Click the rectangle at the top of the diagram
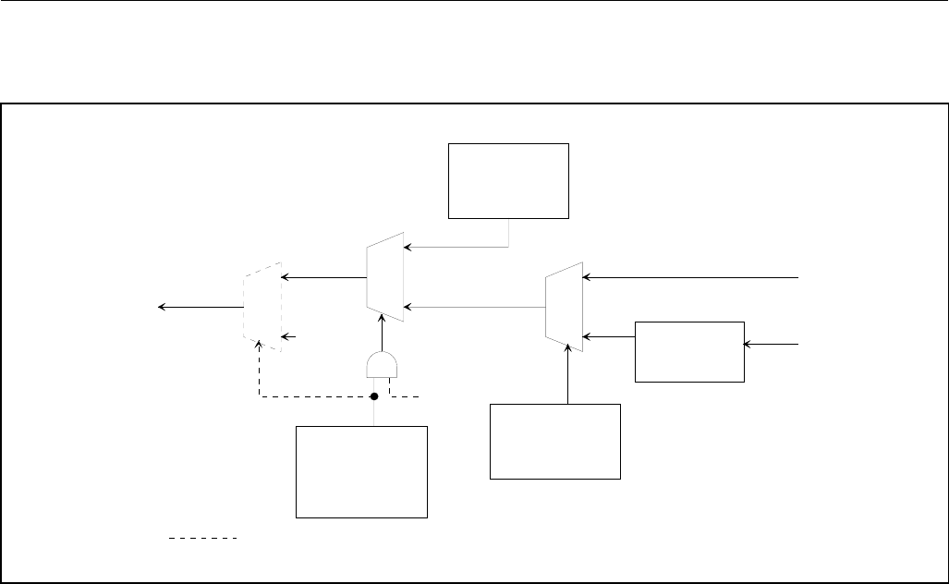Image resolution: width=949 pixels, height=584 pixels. coord(508,180)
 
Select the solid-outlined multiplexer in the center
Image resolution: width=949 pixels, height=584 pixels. coord(385,277)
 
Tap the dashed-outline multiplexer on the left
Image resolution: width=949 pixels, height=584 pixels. coord(262,308)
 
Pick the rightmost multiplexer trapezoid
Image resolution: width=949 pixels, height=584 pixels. coord(565,306)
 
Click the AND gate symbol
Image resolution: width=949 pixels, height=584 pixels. coord(381,366)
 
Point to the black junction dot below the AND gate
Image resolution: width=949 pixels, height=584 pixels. coord(374,396)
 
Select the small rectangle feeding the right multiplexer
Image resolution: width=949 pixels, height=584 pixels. coord(689,351)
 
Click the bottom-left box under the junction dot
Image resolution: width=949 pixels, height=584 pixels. coord(361,471)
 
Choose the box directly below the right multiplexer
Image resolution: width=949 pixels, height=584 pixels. coord(554,440)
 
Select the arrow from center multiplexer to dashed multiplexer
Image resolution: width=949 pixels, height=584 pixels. coord(323,276)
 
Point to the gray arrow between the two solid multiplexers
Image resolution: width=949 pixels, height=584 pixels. coord(475,306)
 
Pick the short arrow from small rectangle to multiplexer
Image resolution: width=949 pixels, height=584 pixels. coord(610,336)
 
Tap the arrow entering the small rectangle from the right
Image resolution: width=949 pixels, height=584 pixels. coord(773,344)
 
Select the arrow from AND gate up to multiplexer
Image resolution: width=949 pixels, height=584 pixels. coord(381,334)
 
